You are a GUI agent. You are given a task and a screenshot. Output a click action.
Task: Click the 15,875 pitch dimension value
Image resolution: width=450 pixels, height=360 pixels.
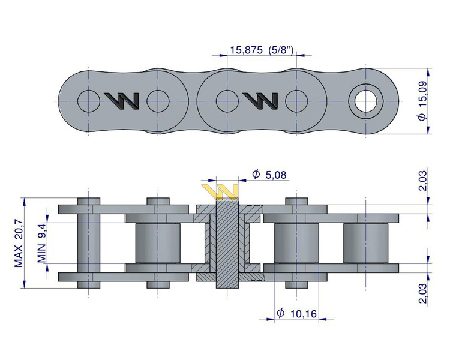tap(246, 51)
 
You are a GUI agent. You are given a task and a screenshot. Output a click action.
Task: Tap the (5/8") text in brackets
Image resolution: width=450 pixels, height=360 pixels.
tap(280, 51)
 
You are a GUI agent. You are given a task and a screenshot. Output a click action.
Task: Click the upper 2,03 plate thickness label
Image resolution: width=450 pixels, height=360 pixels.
tap(423, 180)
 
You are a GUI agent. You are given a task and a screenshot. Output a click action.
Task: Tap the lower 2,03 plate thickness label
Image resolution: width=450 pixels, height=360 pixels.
tap(423, 293)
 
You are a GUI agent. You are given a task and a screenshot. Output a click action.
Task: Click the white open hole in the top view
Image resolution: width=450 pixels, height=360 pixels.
tap(367, 100)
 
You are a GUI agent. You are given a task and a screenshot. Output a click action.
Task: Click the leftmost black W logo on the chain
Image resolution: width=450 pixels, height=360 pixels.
tap(122, 100)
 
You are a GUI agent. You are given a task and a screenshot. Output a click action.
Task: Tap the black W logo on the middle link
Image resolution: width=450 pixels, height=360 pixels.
tap(261, 100)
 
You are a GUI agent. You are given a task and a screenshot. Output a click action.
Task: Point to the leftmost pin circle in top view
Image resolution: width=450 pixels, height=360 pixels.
tap(89, 99)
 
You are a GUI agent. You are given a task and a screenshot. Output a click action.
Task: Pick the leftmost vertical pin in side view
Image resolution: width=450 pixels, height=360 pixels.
tap(88, 242)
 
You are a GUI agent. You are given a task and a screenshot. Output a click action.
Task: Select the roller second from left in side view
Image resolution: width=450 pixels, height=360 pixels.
tap(157, 243)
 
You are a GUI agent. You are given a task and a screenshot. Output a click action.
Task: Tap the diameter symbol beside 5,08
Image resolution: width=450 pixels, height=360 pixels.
tap(256, 175)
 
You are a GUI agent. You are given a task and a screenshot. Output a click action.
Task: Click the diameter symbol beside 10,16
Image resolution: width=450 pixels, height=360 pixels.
tap(280, 313)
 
